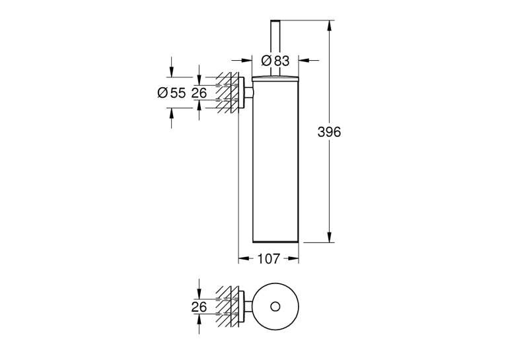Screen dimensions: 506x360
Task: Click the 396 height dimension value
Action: [x=329, y=132]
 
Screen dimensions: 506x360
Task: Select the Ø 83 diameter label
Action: [x=275, y=61]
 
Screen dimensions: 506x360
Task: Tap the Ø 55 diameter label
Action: [x=172, y=93]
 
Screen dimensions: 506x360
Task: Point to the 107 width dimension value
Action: [x=268, y=258]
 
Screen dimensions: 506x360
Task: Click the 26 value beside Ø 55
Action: [x=199, y=93]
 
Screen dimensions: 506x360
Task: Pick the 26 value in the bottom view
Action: [x=199, y=306]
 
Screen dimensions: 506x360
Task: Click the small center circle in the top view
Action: [x=275, y=306]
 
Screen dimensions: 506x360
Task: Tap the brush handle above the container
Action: [x=275, y=48]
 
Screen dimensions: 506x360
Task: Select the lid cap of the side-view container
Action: [x=275, y=78]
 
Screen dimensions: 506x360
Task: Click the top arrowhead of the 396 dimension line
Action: [x=329, y=26]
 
